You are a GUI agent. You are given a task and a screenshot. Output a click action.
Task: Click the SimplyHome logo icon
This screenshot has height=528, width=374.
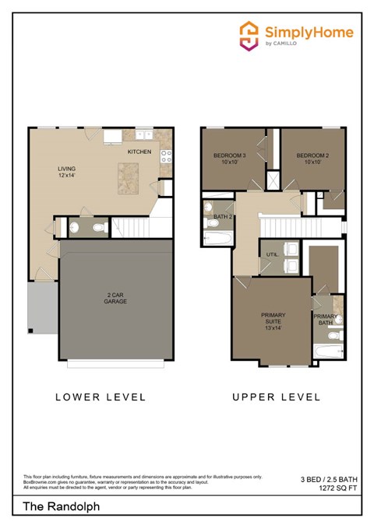[x=248, y=35]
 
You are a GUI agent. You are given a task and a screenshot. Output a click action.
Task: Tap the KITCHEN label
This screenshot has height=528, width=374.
[x=139, y=152]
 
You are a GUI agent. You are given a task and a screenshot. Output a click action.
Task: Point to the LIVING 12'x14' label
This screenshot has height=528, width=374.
[x=68, y=172]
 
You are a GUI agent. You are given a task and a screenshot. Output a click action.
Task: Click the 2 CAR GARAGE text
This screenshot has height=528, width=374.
[x=115, y=298]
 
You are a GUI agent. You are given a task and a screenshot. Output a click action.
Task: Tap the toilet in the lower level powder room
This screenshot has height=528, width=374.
[x=99, y=227]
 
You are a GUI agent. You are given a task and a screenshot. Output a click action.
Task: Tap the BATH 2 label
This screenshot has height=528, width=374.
[x=224, y=216]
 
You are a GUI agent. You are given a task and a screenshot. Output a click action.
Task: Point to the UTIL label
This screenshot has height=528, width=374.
[x=272, y=254]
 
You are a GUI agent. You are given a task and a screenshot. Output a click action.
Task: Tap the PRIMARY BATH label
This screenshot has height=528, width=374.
[x=326, y=320]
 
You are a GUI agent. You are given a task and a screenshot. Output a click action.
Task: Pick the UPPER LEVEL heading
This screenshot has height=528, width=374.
[x=276, y=397]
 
